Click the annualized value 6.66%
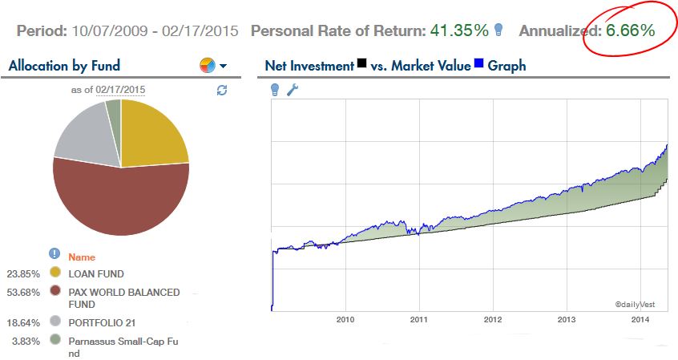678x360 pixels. point(630,30)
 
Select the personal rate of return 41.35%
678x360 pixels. point(459,30)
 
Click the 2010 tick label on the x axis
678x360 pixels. point(345,319)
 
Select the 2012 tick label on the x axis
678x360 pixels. point(493,319)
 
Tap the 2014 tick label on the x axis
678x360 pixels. point(640,319)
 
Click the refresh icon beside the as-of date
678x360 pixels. point(222,91)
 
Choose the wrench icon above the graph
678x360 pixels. point(293,90)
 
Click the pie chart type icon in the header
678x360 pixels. point(207,65)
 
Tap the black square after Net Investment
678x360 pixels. point(362,64)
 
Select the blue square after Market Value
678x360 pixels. point(479,64)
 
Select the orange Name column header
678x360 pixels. point(82,257)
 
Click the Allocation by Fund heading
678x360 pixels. point(63,66)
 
